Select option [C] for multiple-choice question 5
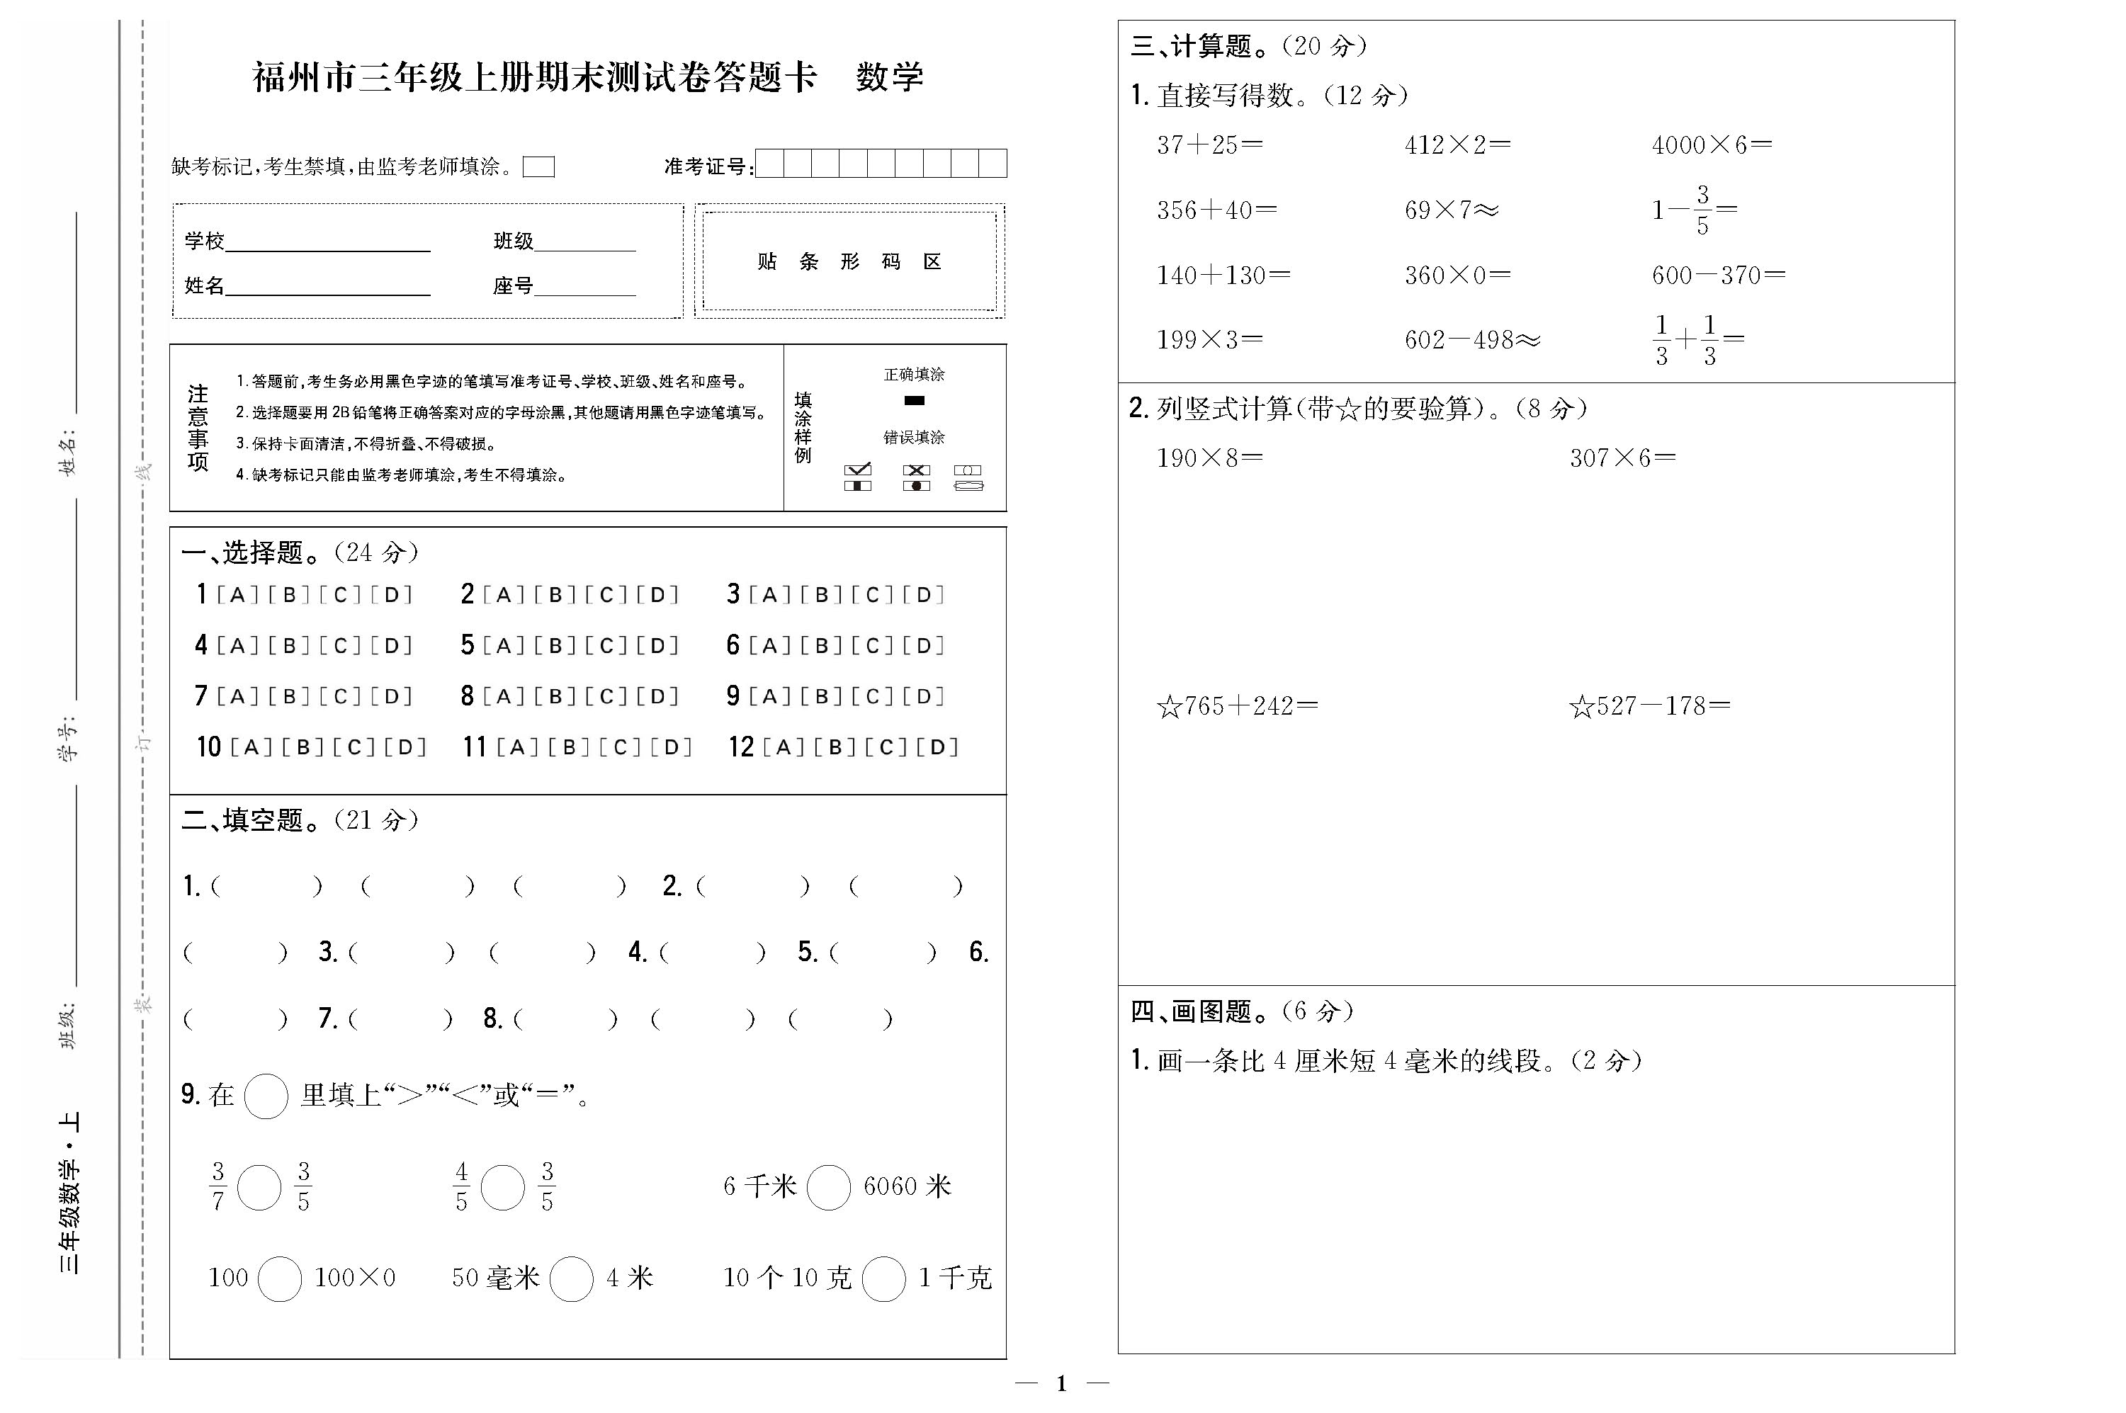606,646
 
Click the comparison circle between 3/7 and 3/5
259,1187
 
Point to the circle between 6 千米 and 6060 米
828,1187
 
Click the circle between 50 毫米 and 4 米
572,1278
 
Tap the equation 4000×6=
1712,145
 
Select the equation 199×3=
1209,340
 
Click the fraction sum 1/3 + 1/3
1698,340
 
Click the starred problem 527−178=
1649,707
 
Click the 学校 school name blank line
328,244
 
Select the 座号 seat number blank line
585,288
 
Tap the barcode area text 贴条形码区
849,262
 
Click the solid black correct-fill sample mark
914,401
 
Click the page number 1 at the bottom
1062,1383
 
